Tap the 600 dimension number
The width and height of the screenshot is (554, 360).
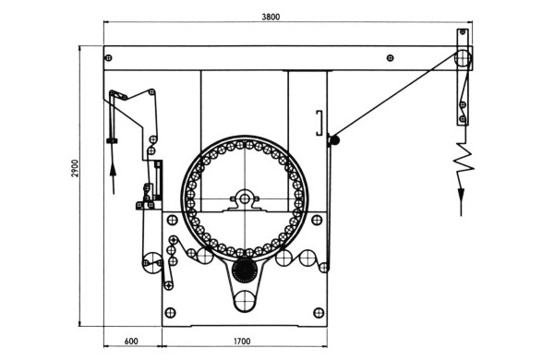130,341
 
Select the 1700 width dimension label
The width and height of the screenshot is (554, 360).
243,341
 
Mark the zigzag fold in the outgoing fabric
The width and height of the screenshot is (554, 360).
462,162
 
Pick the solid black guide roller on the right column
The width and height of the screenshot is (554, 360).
335,140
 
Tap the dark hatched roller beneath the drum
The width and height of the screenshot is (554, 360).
244,270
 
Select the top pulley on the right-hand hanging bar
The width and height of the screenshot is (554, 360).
463,61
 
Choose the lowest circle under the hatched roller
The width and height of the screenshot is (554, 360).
245,299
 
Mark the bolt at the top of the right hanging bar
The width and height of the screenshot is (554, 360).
463,35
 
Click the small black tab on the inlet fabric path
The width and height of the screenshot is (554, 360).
112,140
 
